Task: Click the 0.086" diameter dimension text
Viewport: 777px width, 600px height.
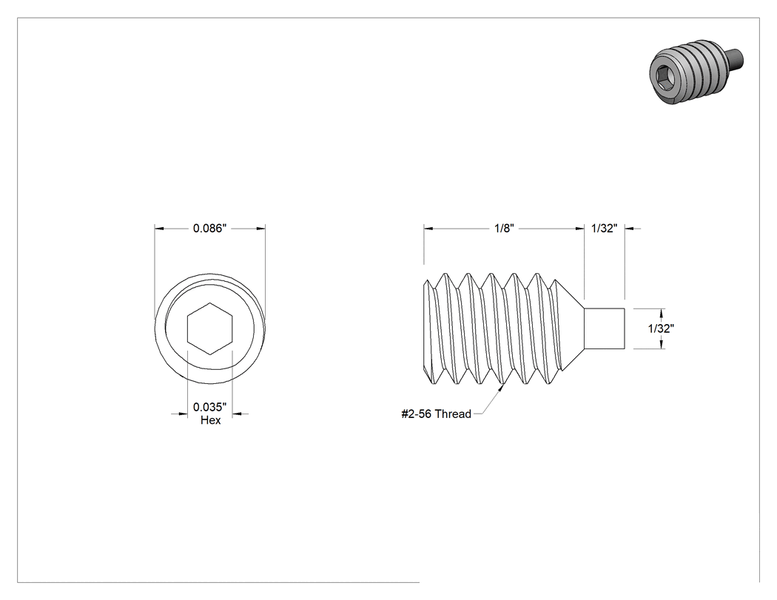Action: pyautogui.click(x=209, y=229)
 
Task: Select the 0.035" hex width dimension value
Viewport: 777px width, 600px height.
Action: pyautogui.click(x=209, y=407)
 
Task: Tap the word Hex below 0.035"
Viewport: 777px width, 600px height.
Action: pyautogui.click(x=211, y=420)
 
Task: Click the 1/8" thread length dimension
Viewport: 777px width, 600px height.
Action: pyautogui.click(x=505, y=229)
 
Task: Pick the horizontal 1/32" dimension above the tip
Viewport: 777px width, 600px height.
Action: pyautogui.click(x=604, y=229)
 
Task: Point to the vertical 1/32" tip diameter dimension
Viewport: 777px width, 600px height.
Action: pyautogui.click(x=661, y=328)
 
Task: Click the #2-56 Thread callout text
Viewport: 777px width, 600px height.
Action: pyautogui.click(x=436, y=414)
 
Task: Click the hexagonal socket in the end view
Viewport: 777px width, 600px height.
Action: pyautogui.click(x=210, y=328)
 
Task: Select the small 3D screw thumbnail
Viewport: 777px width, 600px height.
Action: pyautogui.click(x=696, y=72)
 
